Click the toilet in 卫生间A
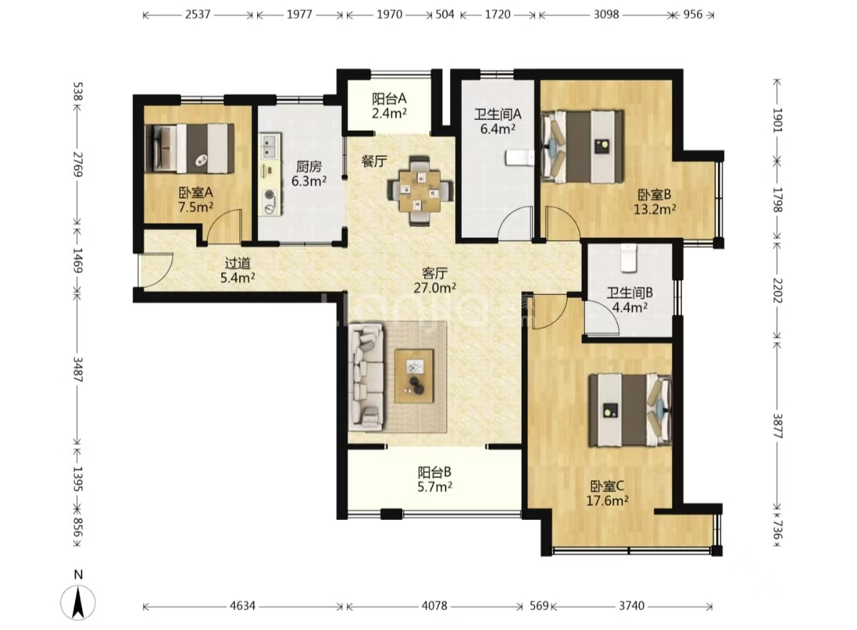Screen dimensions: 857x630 point(520,158)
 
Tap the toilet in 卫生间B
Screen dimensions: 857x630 point(628,259)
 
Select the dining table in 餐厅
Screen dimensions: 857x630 point(420,191)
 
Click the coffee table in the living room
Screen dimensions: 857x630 point(414,376)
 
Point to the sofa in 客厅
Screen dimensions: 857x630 point(366,378)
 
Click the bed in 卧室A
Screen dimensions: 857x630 point(190,148)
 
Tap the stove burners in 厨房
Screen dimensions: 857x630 point(271,201)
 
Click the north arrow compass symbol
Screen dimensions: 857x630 point(78,603)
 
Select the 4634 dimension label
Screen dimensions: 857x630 point(243,606)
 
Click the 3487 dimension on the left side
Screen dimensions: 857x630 point(78,369)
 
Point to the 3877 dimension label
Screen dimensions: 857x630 point(778,426)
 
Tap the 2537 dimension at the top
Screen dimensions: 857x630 point(198,14)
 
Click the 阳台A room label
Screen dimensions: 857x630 point(389,99)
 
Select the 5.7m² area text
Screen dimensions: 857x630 point(435,487)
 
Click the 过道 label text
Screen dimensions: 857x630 point(238,264)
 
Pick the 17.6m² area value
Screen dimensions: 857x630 point(607,501)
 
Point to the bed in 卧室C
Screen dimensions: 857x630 point(631,410)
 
